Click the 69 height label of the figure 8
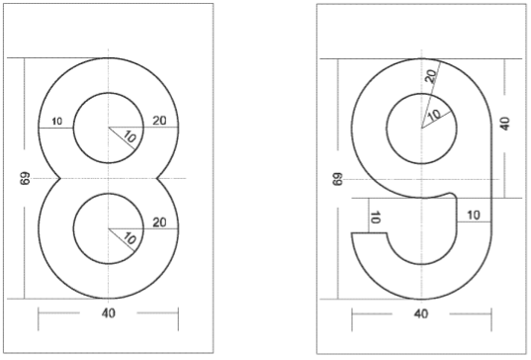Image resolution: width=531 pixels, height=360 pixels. tap(25, 178)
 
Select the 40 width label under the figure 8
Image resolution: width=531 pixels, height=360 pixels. tap(109, 314)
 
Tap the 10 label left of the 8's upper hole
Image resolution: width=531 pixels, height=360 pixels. tap(57, 121)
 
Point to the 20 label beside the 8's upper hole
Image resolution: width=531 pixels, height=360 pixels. tap(159, 121)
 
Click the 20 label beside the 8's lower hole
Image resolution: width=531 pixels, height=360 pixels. tap(159, 223)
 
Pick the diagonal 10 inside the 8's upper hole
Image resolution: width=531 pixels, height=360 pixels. tap(131, 137)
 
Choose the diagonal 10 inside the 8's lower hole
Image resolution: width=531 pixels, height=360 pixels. tap(131, 238)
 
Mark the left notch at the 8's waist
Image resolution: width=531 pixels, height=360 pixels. tap(60, 178)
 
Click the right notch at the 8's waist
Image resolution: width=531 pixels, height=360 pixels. tap(157, 178)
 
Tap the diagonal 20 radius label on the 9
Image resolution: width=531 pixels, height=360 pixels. tap(431, 76)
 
